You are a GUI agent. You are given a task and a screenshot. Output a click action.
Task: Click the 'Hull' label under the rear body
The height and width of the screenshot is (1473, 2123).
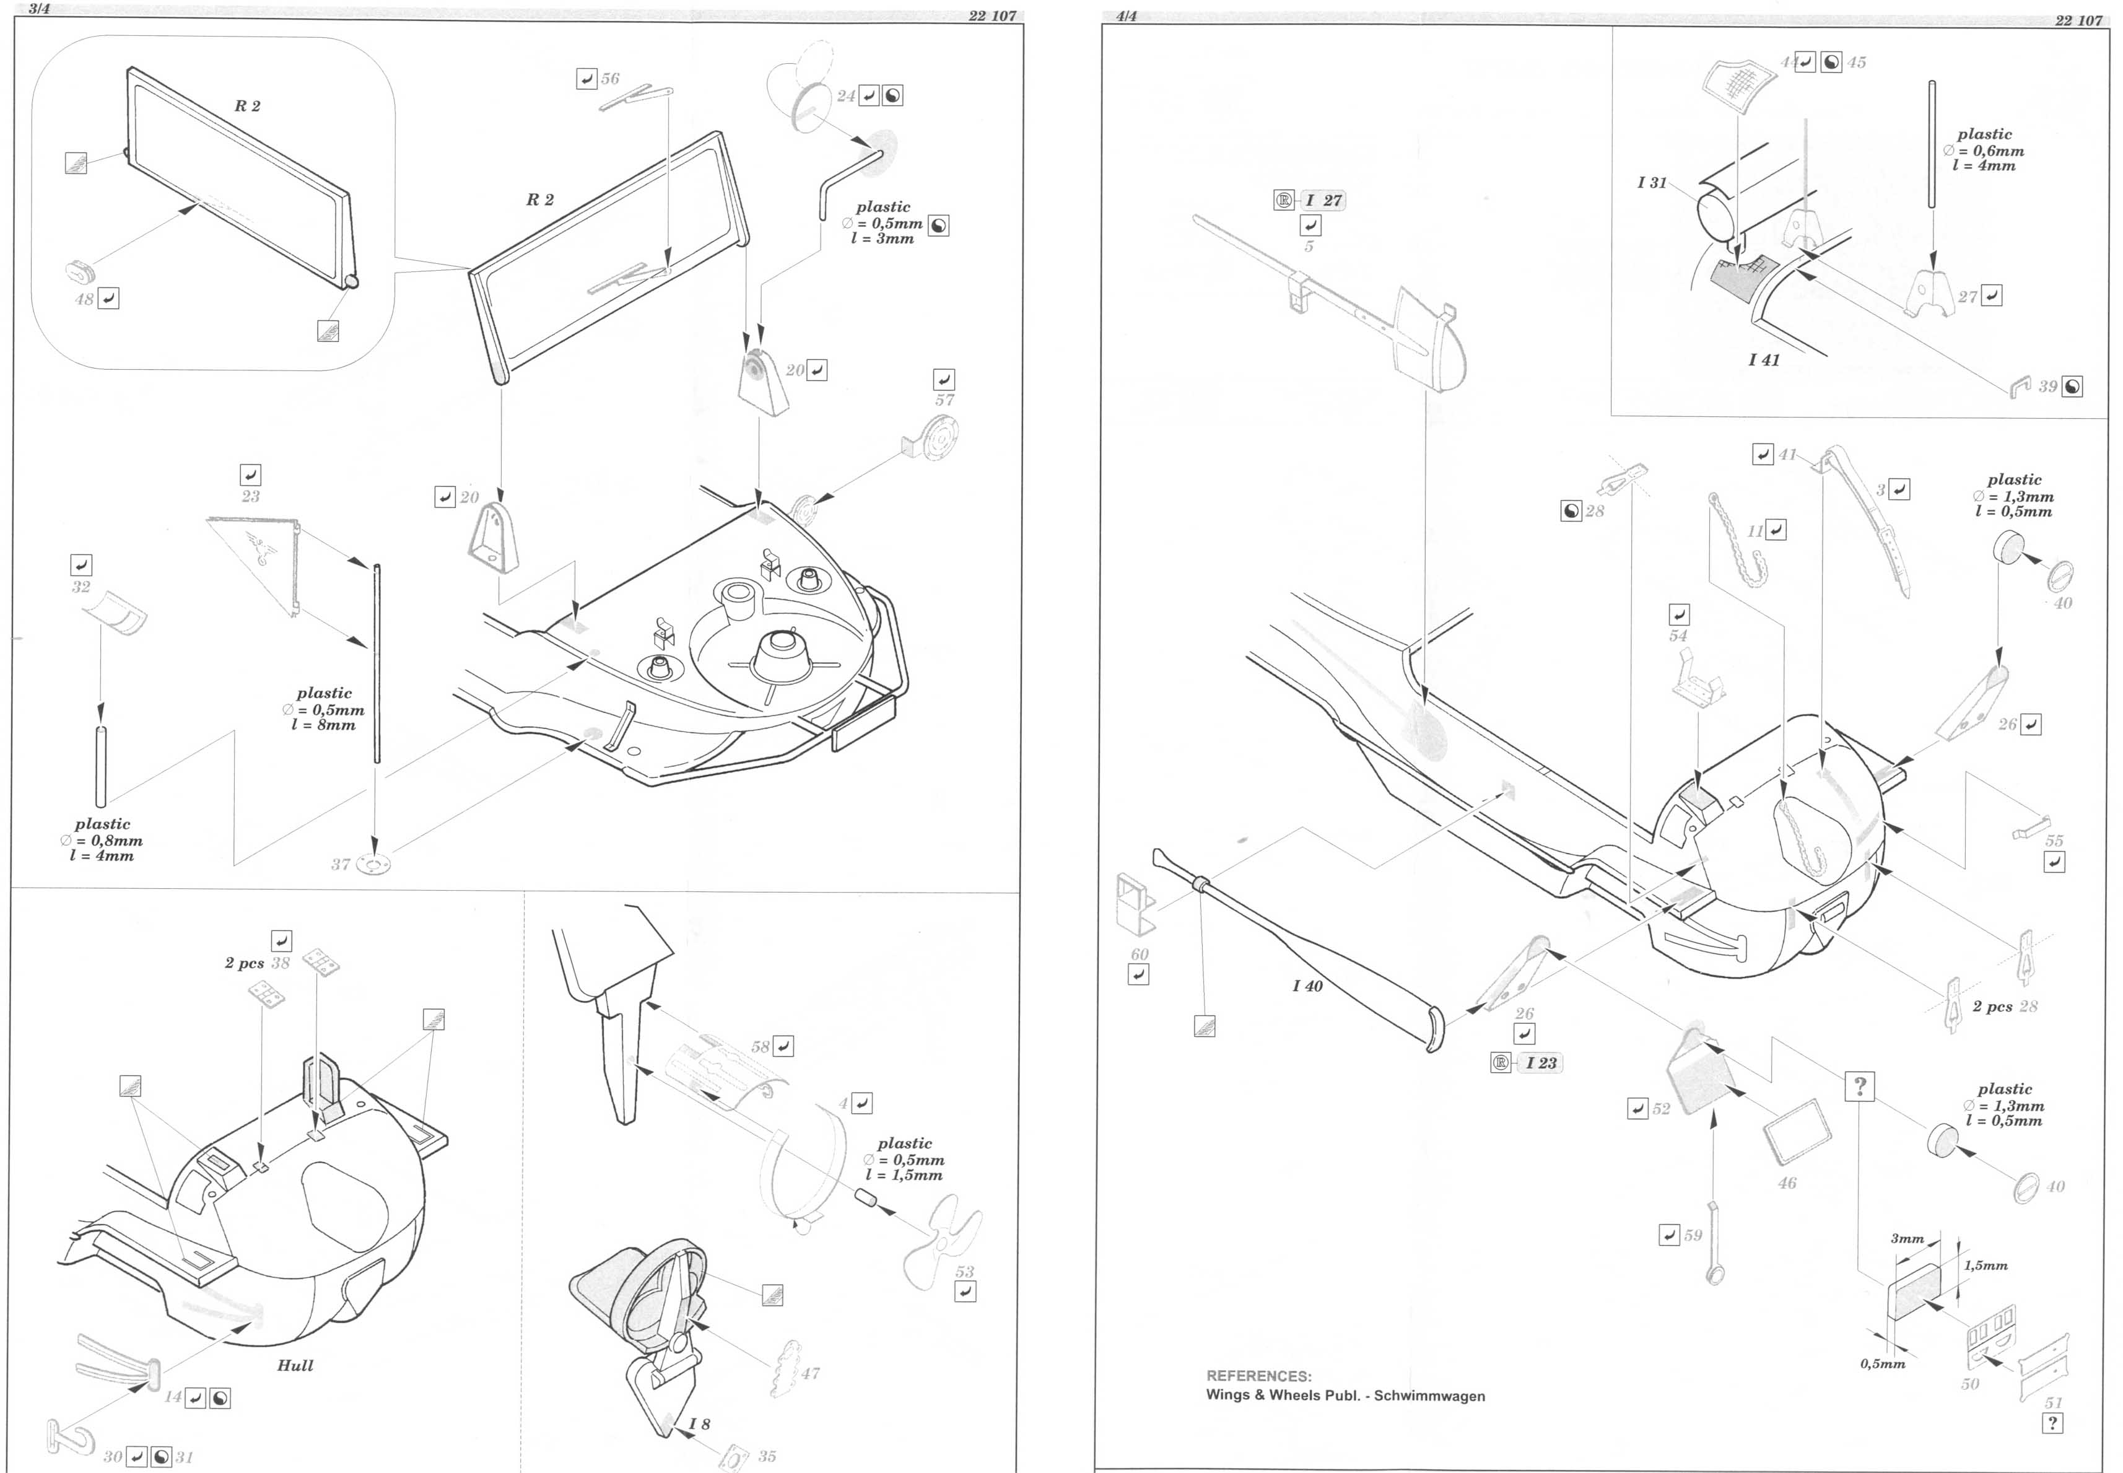coord(295,1365)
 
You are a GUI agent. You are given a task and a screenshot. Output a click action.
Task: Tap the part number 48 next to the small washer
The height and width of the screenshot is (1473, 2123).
coord(84,299)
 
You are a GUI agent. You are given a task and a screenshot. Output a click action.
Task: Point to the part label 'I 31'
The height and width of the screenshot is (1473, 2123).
coord(1652,183)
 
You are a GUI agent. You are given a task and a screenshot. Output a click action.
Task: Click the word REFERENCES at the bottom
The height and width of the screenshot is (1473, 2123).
coord(1258,1375)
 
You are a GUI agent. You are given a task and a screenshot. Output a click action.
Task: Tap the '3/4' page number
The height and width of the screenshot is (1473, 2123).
coord(39,9)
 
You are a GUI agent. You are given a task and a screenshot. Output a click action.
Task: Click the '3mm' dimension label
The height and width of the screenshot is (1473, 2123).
coord(1906,1239)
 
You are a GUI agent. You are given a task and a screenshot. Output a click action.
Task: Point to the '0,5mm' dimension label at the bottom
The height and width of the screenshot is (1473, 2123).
coord(1882,1363)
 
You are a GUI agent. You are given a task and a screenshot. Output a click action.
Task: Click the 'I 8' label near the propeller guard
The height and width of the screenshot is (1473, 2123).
coord(699,1423)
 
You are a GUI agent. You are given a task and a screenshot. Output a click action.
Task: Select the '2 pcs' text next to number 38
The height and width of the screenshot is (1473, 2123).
coord(245,963)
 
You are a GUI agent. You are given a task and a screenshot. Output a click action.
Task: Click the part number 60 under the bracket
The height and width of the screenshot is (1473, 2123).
coord(1140,955)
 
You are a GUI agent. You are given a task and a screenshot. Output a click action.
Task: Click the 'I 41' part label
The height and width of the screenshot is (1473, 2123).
coord(1763,360)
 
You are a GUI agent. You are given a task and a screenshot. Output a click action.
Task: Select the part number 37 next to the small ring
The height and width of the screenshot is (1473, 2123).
coord(341,864)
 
